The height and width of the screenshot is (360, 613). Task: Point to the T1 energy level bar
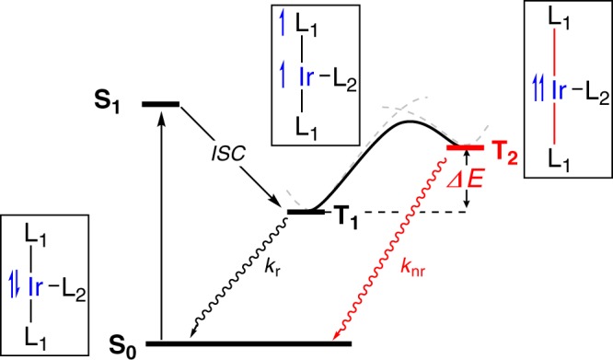pyautogui.click(x=306, y=213)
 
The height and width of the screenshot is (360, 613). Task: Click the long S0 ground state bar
pyautogui.click(x=247, y=344)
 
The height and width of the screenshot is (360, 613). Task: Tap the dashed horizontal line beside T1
pyautogui.click(x=396, y=213)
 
